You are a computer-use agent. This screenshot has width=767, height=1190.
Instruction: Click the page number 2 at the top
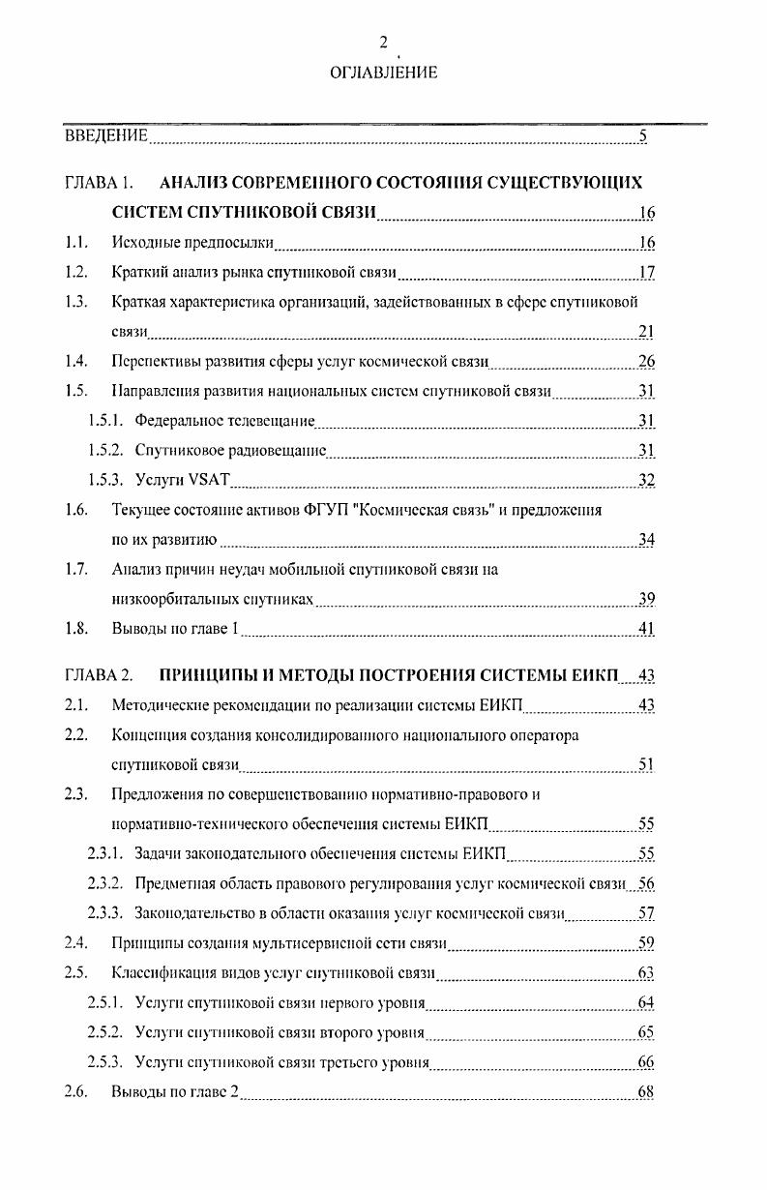383,42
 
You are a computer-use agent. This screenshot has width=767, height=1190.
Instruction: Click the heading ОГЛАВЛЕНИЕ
383,72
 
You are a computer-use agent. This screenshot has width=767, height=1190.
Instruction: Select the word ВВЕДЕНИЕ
106,135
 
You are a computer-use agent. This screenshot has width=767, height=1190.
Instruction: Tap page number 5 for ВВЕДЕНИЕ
643,135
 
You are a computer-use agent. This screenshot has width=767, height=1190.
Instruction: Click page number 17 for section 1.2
647,272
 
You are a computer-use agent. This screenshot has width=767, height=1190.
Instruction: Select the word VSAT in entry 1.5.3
207,480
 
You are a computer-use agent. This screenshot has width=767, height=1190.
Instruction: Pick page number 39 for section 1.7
647,599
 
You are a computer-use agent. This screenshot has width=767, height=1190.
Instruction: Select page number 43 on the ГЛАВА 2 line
647,674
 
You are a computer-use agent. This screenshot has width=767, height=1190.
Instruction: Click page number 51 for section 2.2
647,764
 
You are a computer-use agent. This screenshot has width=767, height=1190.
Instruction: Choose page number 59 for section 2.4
647,942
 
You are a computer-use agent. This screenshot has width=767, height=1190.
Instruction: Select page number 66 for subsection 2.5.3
647,1062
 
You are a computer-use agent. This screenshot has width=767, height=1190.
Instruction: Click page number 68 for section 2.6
647,1092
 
